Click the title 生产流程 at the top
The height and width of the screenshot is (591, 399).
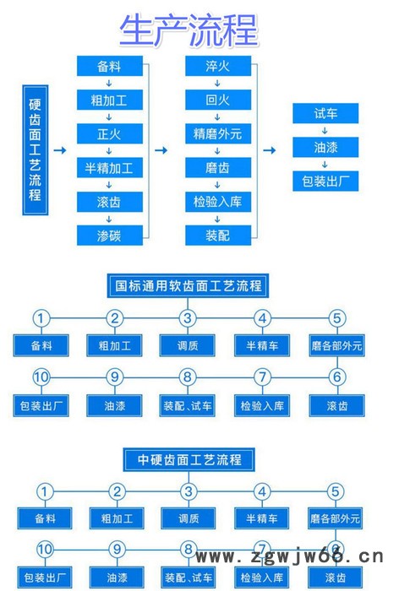188,31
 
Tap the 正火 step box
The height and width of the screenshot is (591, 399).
109,133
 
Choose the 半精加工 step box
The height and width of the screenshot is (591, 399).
109,167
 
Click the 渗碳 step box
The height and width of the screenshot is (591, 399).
109,236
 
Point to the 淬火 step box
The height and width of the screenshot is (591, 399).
217,66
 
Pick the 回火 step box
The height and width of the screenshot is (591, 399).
217,100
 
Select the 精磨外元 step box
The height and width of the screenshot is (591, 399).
217,133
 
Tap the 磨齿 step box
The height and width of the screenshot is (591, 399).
217,167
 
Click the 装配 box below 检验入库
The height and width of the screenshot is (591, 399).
217,236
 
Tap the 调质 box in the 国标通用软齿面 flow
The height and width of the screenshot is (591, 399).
188,345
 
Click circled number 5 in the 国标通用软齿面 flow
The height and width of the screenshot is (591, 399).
337,318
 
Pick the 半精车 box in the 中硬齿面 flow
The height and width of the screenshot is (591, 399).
262,518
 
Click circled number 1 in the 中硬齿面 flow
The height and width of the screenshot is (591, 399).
44,491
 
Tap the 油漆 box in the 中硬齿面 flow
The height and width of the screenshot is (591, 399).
116,578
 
